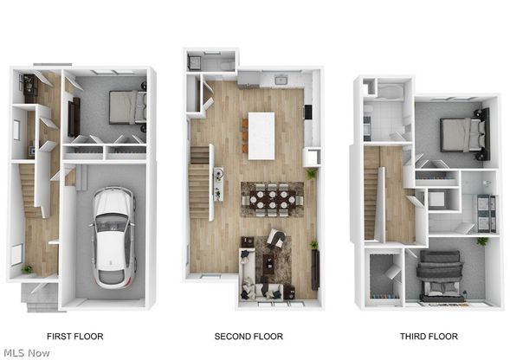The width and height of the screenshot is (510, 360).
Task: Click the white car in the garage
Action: pyautogui.click(x=113, y=237)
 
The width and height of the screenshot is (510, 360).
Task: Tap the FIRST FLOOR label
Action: pyautogui.click(x=75, y=337)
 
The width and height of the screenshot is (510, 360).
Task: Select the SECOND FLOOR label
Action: pyautogui.click(x=249, y=337)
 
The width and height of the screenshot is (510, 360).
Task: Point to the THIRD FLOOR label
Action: pyautogui.click(x=429, y=337)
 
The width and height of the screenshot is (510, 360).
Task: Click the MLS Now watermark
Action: pyautogui.click(x=27, y=353)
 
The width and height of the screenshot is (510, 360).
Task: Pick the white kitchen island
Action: pyautogui.click(x=261, y=136)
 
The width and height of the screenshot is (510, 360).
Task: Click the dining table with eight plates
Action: pyautogui.click(x=272, y=200)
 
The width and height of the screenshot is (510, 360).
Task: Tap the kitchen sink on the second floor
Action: pyautogui.click(x=280, y=80)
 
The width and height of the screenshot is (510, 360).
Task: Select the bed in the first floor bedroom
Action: pyautogui.click(x=127, y=107)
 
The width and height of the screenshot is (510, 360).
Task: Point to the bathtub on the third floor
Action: pyautogui.click(x=391, y=92)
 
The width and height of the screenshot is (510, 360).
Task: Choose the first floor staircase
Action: pyautogui.click(x=30, y=190)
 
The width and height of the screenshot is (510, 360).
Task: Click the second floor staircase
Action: pyautogui.click(x=199, y=182)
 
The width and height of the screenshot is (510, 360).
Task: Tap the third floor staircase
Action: pyautogui.click(x=371, y=192)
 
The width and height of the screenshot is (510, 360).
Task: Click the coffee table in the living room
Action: pyautogui.click(x=268, y=260)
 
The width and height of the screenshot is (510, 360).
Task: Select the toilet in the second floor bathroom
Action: pyautogui.click(x=226, y=66)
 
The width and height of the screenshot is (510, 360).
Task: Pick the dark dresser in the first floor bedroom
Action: pyautogui.click(x=74, y=117)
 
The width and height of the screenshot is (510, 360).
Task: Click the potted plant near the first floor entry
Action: pyautogui.click(x=27, y=269)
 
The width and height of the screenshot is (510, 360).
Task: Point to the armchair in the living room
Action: pyautogui.click(x=276, y=239)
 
